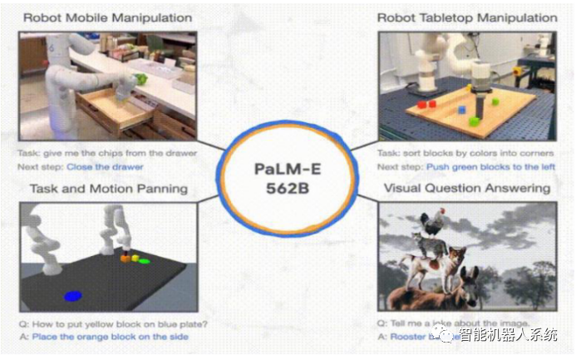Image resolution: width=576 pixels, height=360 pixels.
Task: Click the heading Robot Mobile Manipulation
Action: (107, 17)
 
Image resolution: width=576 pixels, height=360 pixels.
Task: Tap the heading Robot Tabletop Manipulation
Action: (467, 17)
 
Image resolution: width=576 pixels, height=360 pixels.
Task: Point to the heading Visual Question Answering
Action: (466, 189)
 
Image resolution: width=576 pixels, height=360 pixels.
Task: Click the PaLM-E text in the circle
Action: (287, 169)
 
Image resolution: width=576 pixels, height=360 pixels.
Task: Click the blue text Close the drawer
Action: (105, 166)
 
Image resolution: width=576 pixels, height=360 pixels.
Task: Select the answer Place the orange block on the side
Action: (110, 336)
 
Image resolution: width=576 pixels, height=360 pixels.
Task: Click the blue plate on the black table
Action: (71, 295)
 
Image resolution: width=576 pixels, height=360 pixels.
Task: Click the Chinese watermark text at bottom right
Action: (509, 336)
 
